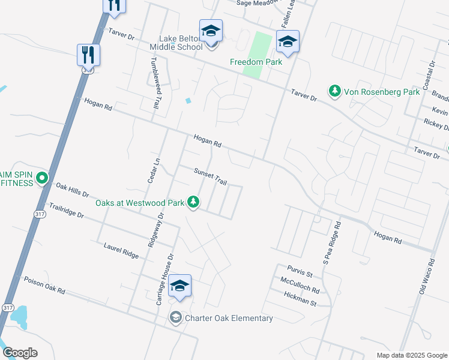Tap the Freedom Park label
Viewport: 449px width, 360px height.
click(256, 61)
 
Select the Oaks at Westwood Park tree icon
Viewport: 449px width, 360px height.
click(193, 202)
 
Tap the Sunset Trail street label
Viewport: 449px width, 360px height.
click(210, 176)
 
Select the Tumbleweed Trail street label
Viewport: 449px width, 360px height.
click(155, 83)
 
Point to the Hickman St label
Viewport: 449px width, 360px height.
click(300, 299)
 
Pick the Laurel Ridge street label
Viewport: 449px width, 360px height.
click(121, 251)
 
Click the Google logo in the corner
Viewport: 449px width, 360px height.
click(20, 353)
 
